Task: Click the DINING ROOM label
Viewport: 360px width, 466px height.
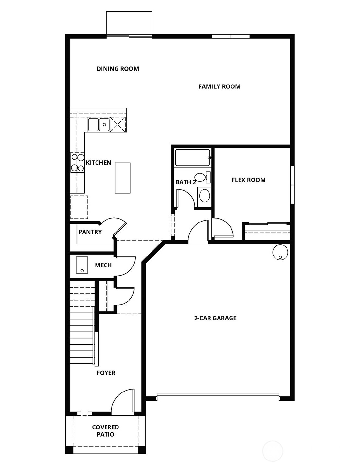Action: (118, 69)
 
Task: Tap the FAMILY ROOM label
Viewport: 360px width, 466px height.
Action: (219, 86)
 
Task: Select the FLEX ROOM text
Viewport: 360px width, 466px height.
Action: (248, 180)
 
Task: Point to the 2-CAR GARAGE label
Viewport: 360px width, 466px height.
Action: (215, 318)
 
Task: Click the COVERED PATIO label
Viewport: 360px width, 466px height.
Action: (106, 431)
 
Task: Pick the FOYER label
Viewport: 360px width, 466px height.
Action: (106, 373)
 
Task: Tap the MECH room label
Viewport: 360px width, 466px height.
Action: (103, 265)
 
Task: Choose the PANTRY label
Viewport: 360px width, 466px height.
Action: (90, 232)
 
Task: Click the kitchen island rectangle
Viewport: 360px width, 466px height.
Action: (123, 178)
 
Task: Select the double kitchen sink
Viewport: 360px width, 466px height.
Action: (98, 124)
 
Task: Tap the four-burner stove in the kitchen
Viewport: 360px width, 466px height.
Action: (77, 163)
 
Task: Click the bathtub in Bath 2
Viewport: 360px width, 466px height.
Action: (193, 158)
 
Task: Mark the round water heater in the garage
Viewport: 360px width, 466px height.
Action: (280, 252)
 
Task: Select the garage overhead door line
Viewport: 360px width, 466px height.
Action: (218, 395)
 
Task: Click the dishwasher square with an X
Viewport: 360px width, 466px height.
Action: (118, 124)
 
